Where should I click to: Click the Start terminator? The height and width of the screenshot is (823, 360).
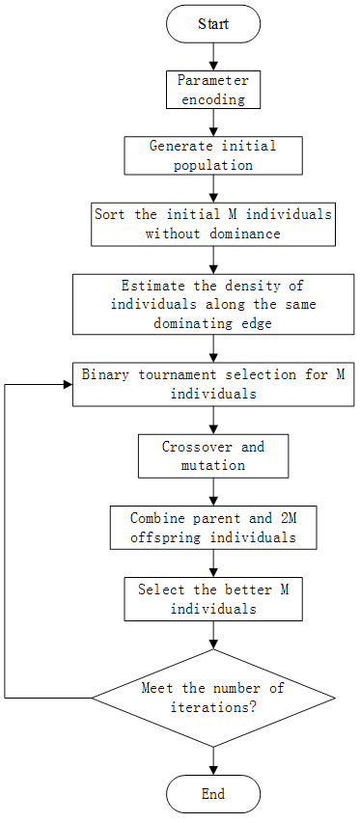pyautogui.click(x=212, y=23)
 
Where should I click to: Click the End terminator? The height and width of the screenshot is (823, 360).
pyautogui.click(x=212, y=794)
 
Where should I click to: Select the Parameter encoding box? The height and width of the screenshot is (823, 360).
pyautogui.click(x=212, y=89)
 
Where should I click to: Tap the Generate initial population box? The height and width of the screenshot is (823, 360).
pyautogui.click(x=212, y=155)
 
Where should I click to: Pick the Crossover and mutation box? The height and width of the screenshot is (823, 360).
pyautogui.click(x=212, y=455)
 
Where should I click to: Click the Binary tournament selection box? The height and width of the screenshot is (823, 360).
pyautogui.click(x=212, y=384)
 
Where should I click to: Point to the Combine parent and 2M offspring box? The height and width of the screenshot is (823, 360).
pyautogui.click(x=212, y=528)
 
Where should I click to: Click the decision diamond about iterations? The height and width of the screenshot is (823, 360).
pyautogui.click(x=212, y=697)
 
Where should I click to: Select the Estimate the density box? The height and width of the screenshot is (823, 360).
pyautogui.click(x=212, y=304)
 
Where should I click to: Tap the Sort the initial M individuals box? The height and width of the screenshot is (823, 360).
pyautogui.click(x=212, y=224)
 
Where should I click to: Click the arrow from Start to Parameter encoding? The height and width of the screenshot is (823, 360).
pyautogui.click(x=212, y=56)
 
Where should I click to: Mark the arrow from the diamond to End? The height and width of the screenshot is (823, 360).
pyautogui.click(x=212, y=759)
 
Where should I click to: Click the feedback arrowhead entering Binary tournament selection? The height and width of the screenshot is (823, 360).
pyautogui.click(x=68, y=384)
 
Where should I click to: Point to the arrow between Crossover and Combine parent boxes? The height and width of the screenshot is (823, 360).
pyautogui.click(x=212, y=491)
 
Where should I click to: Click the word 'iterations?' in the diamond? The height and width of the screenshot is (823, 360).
pyautogui.click(x=212, y=705)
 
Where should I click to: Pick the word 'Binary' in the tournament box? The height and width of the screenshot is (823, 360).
pyautogui.click(x=105, y=374)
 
